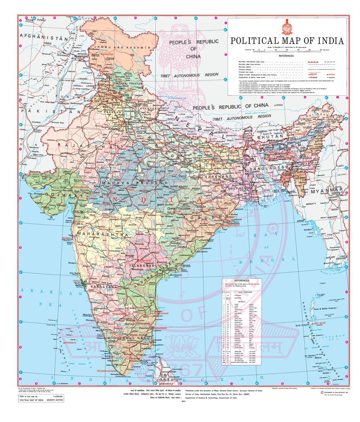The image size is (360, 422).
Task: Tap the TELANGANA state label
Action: (x=141, y=266)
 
